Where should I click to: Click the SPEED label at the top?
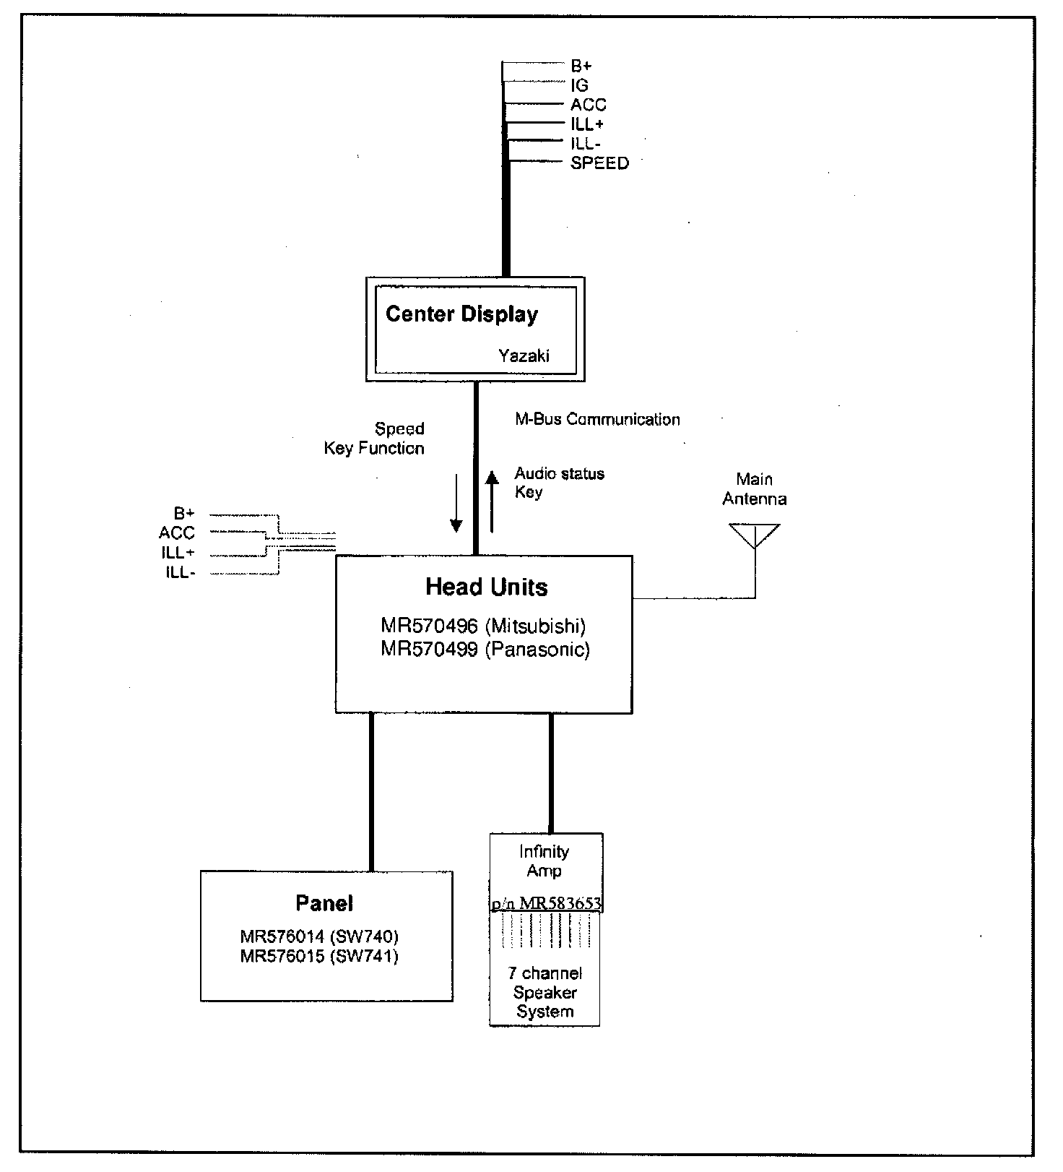tap(599, 163)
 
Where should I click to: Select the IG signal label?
tap(579, 85)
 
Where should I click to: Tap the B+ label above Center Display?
tap(581, 66)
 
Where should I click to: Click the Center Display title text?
tap(461, 314)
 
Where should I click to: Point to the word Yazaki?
tap(524, 356)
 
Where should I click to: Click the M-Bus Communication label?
tap(597, 419)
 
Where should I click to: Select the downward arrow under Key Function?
tap(456, 503)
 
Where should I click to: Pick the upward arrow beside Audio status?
tap(492, 501)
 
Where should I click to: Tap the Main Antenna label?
tap(755, 489)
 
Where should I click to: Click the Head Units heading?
tap(486, 587)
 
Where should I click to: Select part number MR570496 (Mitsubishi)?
tap(483, 626)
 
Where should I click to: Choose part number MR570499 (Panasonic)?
tap(485, 650)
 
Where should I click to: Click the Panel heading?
tap(324, 903)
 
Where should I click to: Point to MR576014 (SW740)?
tap(319, 937)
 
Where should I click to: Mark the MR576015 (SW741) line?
tap(319, 957)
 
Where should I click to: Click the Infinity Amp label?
tap(544, 861)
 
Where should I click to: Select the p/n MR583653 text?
tap(546, 904)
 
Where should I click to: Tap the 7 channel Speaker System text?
tap(545, 993)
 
